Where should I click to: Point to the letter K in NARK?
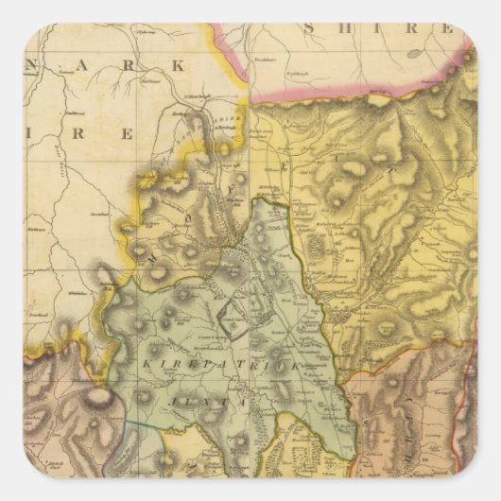175,66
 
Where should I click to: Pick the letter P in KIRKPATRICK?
210,363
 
